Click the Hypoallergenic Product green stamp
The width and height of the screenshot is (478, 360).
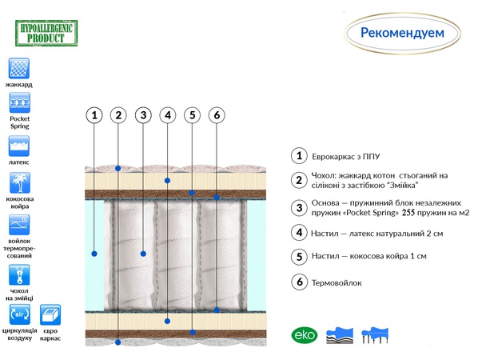[46, 34]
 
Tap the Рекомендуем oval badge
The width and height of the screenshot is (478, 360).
[402, 34]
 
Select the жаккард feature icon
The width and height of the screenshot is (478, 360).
[19, 68]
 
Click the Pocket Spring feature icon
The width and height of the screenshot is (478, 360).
[19, 103]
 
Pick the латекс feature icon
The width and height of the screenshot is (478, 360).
[19, 146]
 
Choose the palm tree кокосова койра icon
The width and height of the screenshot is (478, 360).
[20, 182]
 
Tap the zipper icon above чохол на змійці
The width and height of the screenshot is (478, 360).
[19, 275]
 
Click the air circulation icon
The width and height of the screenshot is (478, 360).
[20, 314]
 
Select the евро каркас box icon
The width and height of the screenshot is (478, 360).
[50, 315]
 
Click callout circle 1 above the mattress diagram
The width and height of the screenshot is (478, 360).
[94, 115]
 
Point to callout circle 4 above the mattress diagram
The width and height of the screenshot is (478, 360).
[168, 115]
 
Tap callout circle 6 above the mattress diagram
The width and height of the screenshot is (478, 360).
[217, 115]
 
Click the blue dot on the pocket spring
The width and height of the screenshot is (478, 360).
[143, 254]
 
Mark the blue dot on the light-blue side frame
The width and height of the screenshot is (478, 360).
[94, 254]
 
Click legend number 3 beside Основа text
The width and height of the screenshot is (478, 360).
[300, 208]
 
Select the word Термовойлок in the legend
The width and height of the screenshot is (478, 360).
[337, 283]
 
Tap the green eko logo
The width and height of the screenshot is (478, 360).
[305, 335]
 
